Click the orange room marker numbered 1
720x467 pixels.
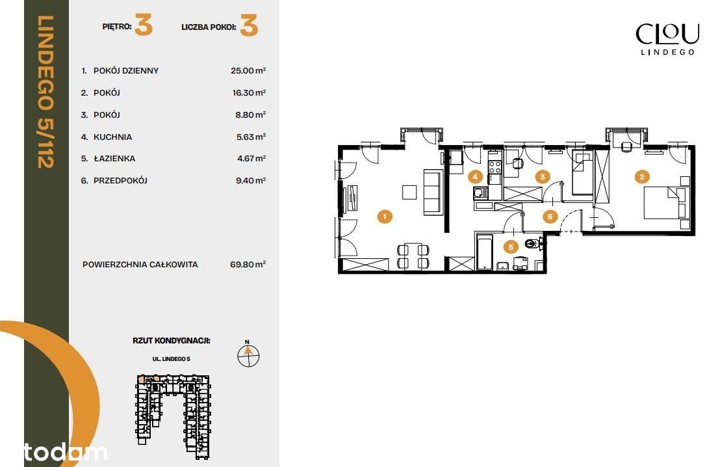tap(385, 216)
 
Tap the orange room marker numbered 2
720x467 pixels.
tap(642, 176)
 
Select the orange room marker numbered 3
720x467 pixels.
tap(543, 176)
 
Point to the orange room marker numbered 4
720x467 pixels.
tap(475, 176)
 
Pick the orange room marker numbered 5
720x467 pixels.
tap(511, 247)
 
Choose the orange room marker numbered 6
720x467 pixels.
tap(550, 216)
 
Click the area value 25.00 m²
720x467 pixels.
tap(248, 70)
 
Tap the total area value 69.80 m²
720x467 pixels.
tap(248, 264)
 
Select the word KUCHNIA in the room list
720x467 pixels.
tap(112, 137)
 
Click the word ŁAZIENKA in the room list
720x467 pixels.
tap(114, 159)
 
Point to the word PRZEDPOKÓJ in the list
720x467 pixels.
tap(120, 181)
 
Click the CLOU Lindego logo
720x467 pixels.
tap(667, 39)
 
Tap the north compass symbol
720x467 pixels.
tap(248, 354)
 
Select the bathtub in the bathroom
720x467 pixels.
tap(485, 252)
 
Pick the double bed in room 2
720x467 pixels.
tap(662, 202)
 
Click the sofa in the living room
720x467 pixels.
tap(432, 192)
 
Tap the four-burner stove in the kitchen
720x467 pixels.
tap(495, 167)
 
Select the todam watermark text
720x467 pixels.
tap(66, 453)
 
